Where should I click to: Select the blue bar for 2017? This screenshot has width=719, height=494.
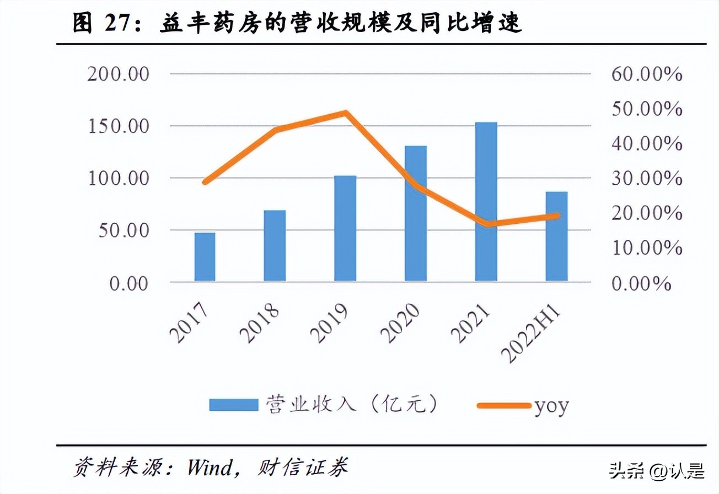coord(205,257)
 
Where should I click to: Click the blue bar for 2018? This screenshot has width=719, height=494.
coord(275,246)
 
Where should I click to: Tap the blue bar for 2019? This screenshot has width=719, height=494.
coord(345,229)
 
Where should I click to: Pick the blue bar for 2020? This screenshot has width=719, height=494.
coord(416,214)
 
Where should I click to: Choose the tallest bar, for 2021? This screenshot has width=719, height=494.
coord(486,202)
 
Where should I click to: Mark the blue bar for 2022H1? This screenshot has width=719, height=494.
coord(556,237)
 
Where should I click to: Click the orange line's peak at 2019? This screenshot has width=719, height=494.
coord(345,114)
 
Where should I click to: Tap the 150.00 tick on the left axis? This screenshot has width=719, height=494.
coord(119,126)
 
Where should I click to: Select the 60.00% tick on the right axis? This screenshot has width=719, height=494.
coord(646,74)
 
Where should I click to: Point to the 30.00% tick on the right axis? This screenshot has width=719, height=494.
coord(646,179)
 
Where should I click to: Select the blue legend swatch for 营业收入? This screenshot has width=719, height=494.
coord(233,405)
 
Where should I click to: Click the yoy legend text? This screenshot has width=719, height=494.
coord(551,405)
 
